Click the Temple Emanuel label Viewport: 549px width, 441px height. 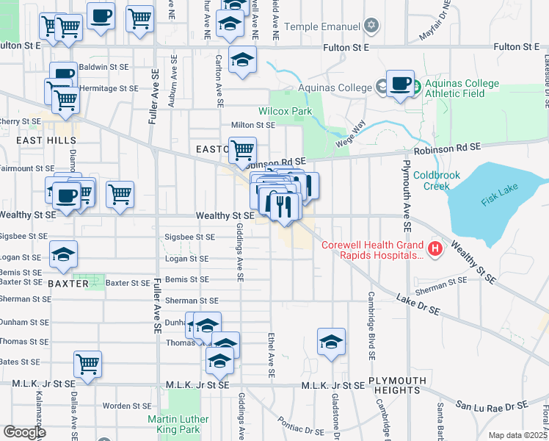tap(323, 27)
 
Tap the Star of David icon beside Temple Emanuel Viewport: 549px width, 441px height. tap(372, 26)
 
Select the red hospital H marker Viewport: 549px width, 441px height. tap(436, 250)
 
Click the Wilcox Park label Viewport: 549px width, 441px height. tap(285, 112)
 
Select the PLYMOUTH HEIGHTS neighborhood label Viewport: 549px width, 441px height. tap(397, 385)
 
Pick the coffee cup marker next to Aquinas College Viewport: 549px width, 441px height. tap(400, 84)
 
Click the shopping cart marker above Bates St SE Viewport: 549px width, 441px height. tap(87, 363)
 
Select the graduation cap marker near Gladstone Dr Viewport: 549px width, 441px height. tap(332, 341)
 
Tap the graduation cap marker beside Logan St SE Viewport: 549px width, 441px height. tap(64, 254)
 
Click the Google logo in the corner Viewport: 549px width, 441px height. tap(24, 432)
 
